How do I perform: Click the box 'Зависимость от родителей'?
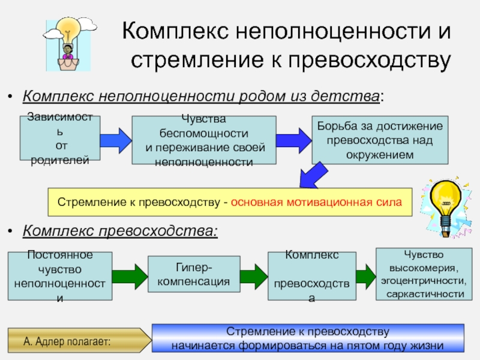coord(61,139)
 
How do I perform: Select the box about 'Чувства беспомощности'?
coord(203,140)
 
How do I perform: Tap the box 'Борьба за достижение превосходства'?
coord(379,140)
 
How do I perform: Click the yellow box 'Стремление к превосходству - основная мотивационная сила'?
coord(230,202)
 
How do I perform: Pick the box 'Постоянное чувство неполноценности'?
coord(60,275)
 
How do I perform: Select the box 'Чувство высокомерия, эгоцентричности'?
coord(420,274)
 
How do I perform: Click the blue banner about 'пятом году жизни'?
coord(308,339)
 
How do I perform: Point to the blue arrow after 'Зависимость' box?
coord(115,139)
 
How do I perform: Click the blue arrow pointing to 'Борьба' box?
coord(294,139)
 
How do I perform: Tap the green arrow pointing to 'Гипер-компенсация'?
coord(128,275)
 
